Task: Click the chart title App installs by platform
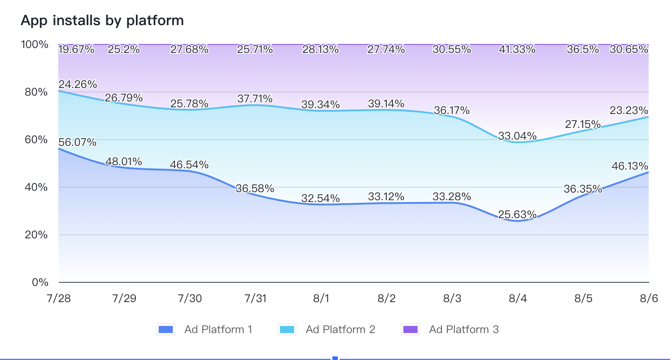point(102,21)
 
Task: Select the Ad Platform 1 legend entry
point(205,329)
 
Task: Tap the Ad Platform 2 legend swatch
point(287,329)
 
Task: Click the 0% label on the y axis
point(39,282)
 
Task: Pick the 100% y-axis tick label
point(35,44)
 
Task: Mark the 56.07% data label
point(77,142)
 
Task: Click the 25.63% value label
point(517,215)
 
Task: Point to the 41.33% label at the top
point(517,49)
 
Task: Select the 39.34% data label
point(320,105)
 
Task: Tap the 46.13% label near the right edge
point(629,166)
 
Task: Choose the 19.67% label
point(76,49)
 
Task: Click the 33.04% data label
point(517,136)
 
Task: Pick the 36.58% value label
point(255,189)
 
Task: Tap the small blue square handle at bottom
point(335,358)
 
